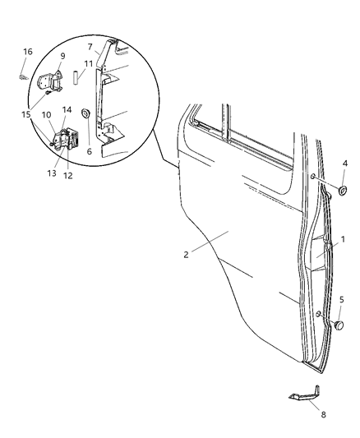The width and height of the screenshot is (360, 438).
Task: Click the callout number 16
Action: click(x=27, y=52)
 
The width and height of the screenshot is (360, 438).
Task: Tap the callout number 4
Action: click(x=344, y=164)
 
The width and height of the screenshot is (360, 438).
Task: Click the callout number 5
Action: click(x=341, y=299)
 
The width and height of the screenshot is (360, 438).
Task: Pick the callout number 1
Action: click(x=344, y=238)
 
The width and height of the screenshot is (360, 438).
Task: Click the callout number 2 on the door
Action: click(x=187, y=254)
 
